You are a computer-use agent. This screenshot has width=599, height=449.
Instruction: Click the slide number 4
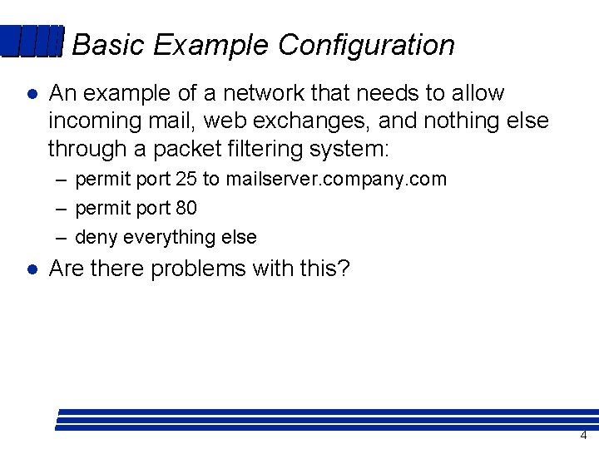click(583, 436)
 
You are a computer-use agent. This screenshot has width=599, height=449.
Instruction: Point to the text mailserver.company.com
click(336, 179)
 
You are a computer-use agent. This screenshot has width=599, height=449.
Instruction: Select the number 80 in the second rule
click(186, 208)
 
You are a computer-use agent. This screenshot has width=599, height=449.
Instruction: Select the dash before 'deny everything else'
click(62, 238)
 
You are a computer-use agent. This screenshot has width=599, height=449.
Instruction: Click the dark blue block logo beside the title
click(32, 42)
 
